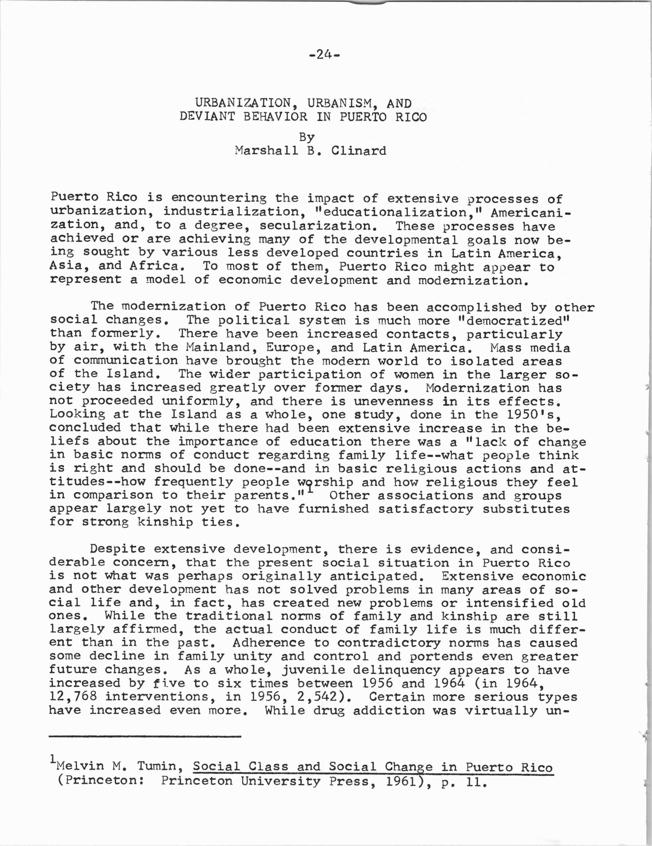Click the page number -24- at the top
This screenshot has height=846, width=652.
tap(325, 55)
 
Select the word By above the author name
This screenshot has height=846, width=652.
tap(307, 137)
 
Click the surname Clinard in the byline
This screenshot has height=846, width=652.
tap(359, 151)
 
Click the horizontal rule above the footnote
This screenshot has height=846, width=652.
tap(145, 736)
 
